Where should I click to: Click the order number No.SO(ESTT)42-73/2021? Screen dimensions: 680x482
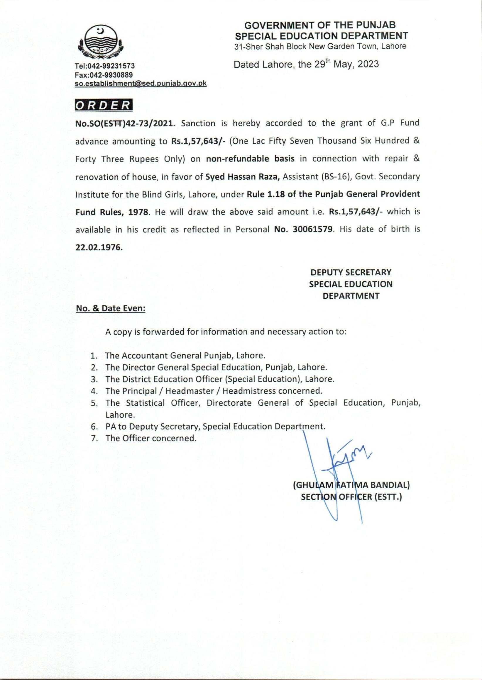click(x=125, y=123)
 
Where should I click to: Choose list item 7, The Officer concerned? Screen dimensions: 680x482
click(x=151, y=438)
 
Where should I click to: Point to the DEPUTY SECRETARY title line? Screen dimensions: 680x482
click(x=351, y=272)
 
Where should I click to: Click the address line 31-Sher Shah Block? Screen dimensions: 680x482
click(x=320, y=46)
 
